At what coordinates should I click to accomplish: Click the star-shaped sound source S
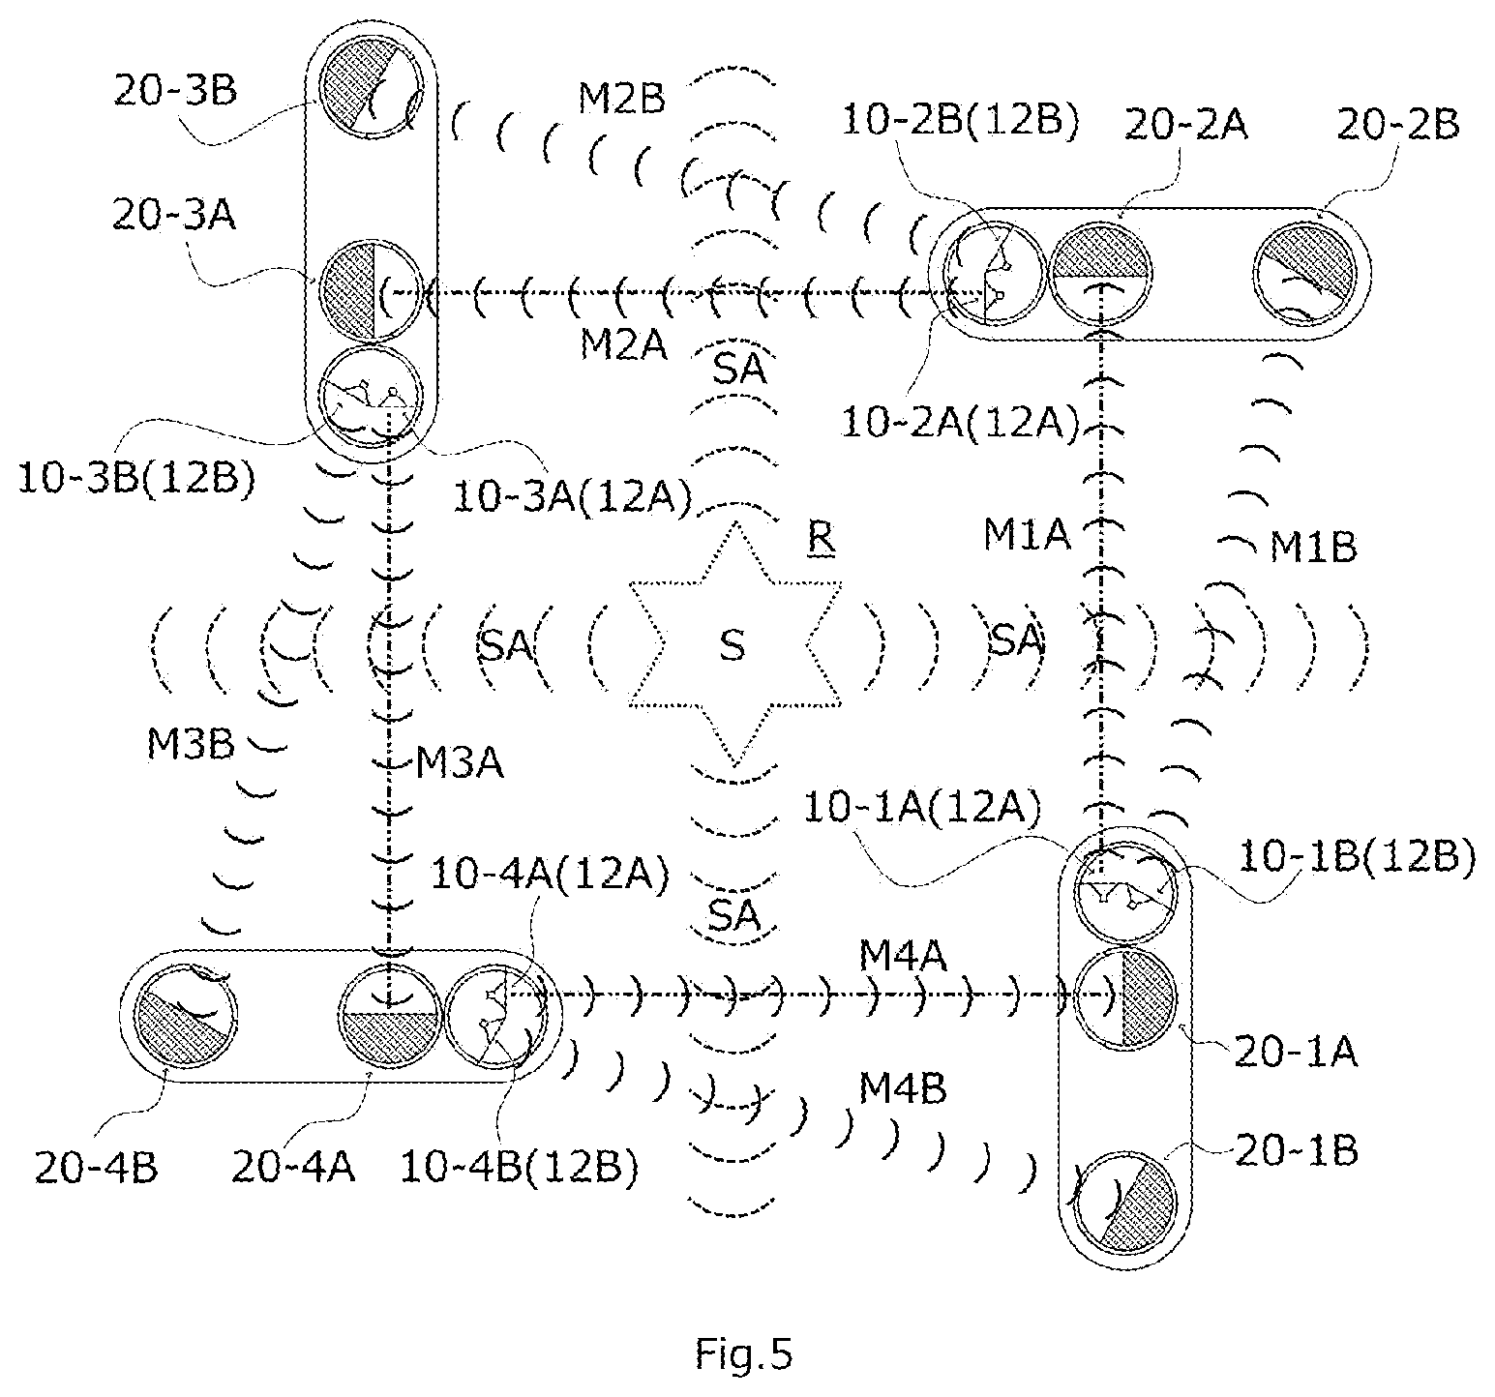(734, 644)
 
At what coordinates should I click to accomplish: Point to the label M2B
(622, 100)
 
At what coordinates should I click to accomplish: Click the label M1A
(1028, 535)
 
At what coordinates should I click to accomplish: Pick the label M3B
(188, 744)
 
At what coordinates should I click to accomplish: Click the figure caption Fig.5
(743, 1353)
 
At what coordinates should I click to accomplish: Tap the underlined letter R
(822, 538)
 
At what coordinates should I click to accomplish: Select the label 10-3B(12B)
(136, 480)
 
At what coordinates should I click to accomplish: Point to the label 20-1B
(1297, 1150)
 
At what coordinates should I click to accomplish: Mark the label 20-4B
(96, 1168)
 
